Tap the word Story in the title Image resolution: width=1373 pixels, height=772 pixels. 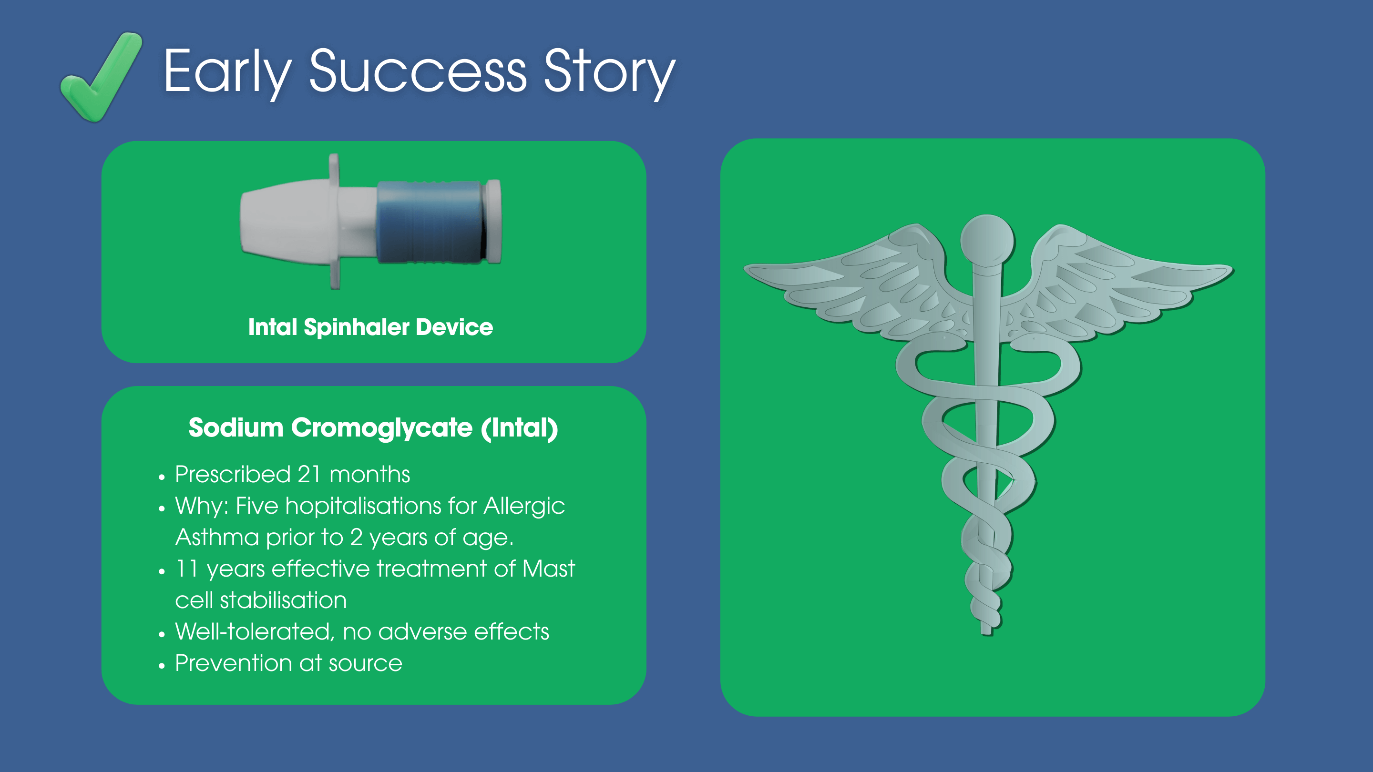coord(609,72)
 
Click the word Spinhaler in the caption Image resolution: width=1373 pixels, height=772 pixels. coord(357,326)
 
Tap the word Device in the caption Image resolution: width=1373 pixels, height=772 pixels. coord(454,326)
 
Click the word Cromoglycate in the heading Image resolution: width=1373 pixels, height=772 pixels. coord(381,428)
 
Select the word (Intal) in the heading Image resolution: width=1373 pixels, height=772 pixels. coord(519,428)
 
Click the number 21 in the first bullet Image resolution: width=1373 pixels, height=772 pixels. coord(308,474)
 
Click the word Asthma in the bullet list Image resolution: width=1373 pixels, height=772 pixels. coord(217,537)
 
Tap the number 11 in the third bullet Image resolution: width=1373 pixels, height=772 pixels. coord(186,569)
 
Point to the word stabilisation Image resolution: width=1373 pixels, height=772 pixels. coord(284,600)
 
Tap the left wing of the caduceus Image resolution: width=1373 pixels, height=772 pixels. coord(858,283)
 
